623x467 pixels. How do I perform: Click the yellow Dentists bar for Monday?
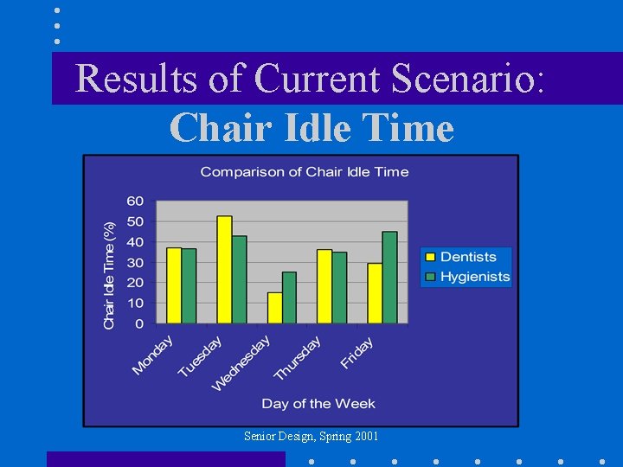click(174, 285)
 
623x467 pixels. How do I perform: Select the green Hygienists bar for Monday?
click(189, 286)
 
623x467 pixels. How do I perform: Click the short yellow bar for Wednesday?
click(274, 308)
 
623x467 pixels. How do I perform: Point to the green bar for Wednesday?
click(289, 297)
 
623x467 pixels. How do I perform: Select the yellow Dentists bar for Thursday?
click(324, 286)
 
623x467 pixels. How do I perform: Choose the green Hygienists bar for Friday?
click(389, 278)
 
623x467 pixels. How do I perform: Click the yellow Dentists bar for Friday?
click(375, 293)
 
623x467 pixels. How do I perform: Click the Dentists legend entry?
click(466, 257)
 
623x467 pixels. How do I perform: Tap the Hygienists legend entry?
click(466, 277)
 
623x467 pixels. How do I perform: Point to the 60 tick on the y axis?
click(135, 201)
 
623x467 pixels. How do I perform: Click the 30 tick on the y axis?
click(135, 262)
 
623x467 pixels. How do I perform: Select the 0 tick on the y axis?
click(139, 324)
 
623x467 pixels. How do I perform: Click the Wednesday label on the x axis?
click(242, 362)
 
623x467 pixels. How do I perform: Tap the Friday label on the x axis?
click(357, 353)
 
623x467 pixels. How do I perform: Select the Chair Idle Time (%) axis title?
click(109, 274)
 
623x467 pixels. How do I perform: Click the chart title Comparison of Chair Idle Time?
click(304, 171)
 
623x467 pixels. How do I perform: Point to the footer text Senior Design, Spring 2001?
click(311, 437)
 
